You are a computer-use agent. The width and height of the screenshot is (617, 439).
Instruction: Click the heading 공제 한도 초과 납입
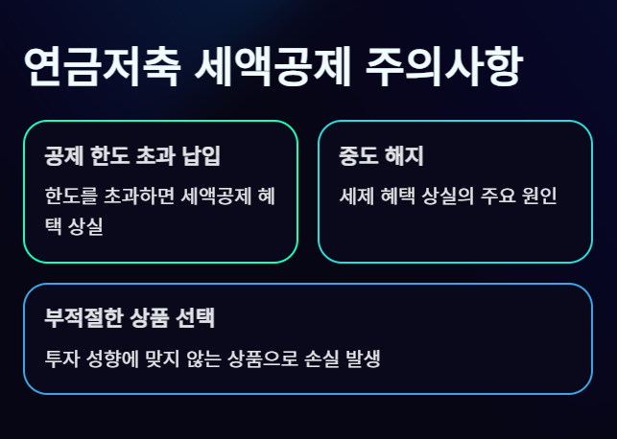(139, 155)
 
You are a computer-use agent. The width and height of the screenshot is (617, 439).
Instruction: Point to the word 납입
(212, 155)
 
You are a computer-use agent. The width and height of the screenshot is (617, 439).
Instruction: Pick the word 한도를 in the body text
(70, 196)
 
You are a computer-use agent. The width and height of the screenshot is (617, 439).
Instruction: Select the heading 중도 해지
(382, 155)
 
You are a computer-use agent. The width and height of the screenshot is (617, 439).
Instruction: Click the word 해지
(404, 155)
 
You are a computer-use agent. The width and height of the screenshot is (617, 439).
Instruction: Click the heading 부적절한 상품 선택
(134, 318)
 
